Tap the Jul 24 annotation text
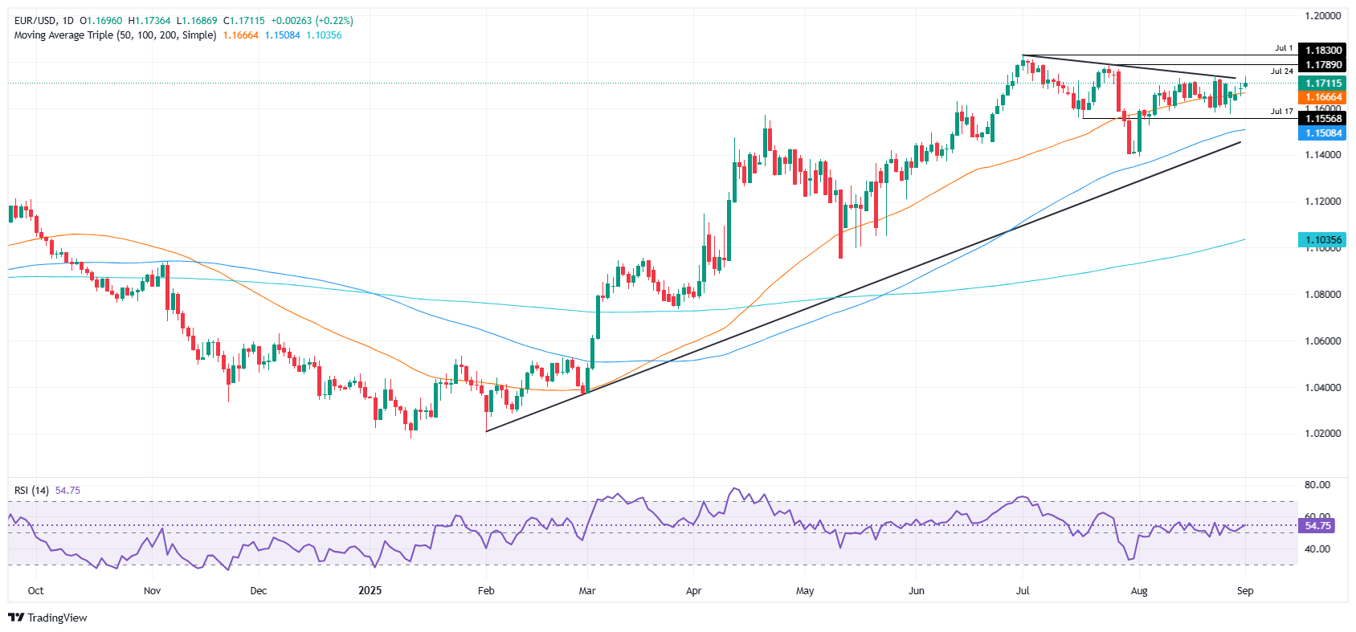(x=1282, y=71)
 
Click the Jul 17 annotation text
(x=1282, y=112)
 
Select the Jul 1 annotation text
(x=1284, y=48)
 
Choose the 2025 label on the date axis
(x=370, y=591)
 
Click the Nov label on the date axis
(x=152, y=591)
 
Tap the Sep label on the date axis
(x=1244, y=591)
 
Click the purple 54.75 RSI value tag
(x=1317, y=526)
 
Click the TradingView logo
(x=48, y=618)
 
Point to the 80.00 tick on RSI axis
(x=1317, y=485)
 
